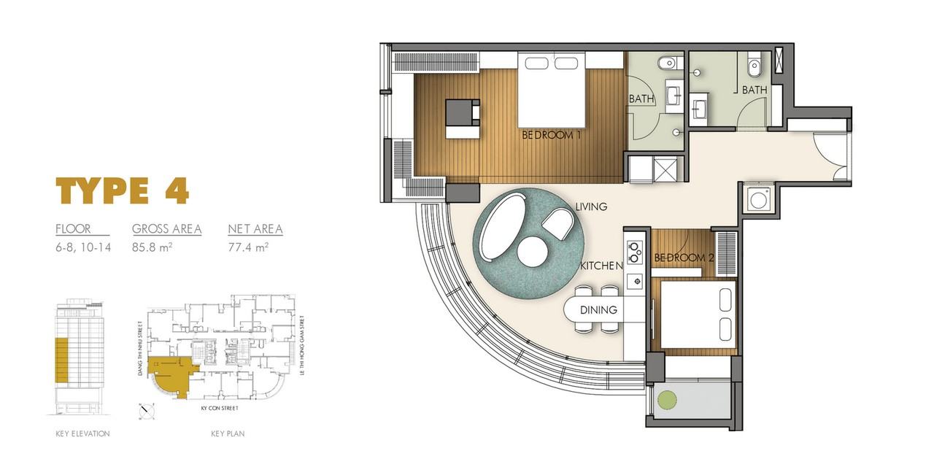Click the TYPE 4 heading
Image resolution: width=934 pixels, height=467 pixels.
tap(123, 190)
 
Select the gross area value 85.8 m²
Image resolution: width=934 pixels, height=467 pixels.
tap(153, 247)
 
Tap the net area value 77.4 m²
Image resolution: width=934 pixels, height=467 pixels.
tap(248, 247)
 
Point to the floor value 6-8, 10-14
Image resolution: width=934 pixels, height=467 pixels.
tap(83, 247)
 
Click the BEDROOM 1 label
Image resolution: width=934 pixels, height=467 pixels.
tap(551, 135)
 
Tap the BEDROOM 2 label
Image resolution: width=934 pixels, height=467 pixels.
tap(684, 258)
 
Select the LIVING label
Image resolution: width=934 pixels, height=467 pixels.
tap(591, 207)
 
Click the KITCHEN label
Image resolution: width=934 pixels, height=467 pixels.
tap(602, 266)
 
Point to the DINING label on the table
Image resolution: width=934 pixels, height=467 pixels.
tap(598, 310)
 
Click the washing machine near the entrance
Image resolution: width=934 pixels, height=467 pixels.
tap(758, 200)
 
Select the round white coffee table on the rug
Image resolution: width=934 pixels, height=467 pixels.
tap(533, 252)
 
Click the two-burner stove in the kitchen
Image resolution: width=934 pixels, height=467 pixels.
tap(634, 252)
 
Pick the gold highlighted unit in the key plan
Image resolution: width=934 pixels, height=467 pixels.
tap(171, 375)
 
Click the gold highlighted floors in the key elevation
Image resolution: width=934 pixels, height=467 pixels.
tap(62, 360)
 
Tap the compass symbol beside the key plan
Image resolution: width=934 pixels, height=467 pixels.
tap(147, 412)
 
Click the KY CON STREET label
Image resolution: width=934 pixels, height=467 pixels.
tap(220, 408)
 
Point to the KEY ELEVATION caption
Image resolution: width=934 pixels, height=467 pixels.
tap(82, 433)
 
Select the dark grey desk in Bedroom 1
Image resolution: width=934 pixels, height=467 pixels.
tap(462, 112)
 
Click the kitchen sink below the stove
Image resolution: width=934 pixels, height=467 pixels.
tap(635, 282)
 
